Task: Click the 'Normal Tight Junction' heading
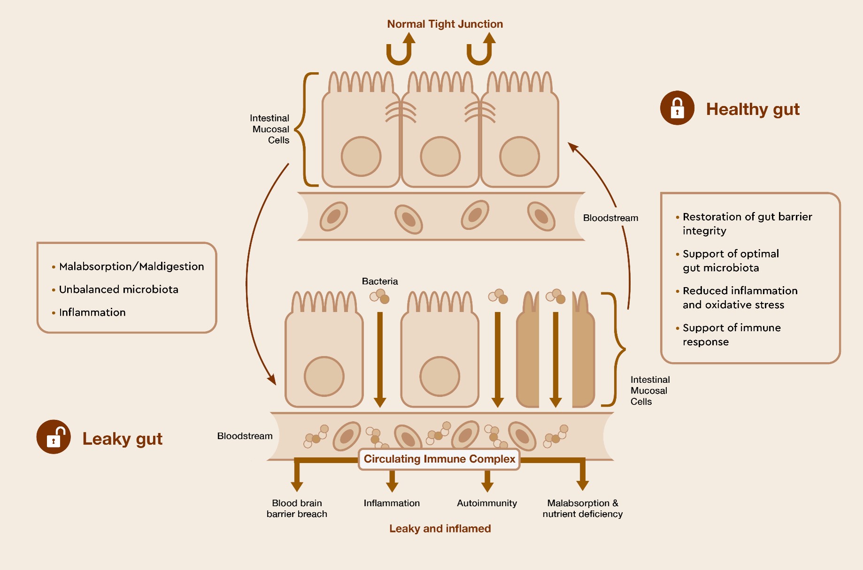(x=444, y=24)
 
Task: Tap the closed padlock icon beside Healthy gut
(x=677, y=108)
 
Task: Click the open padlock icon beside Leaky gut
(x=53, y=437)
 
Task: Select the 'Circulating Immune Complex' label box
(x=439, y=459)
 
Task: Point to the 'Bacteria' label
(x=380, y=281)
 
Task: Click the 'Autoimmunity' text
(x=487, y=503)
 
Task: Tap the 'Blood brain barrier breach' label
(x=297, y=509)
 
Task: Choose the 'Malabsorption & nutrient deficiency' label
(x=582, y=509)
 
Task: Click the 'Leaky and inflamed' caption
(x=440, y=529)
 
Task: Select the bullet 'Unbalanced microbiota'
(x=118, y=289)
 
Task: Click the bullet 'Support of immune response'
(x=731, y=334)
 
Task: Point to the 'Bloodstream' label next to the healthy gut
(x=610, y=218)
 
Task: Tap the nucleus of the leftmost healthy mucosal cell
(x=361, y=157)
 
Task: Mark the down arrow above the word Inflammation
(x=392, y=481)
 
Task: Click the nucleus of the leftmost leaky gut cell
(x=324, y=376)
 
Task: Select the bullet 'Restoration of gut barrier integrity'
(x=746, y=223)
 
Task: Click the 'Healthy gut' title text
(x=752, y=109)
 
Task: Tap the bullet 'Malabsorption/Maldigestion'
(x=131, y=266)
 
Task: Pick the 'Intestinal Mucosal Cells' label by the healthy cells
(x=270, y=129)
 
